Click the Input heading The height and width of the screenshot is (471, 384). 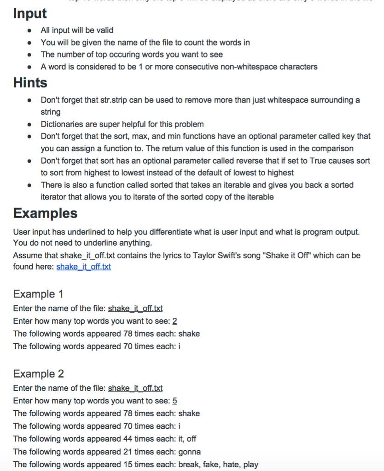pyautogui.click(x=30, y=13)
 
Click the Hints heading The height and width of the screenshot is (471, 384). pyautogui.click(x=30, y=83)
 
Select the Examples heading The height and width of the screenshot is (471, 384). pyautogui.click(x=45, y=213)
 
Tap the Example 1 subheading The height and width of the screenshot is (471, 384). pyautogui.click(x=38, y=294)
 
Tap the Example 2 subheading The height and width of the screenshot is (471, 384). pyautogui.click(x=39, y=373)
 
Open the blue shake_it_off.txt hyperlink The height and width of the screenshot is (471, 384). pyautogui.click(x=83, y=267)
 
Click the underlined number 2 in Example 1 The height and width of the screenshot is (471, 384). pyautogui.click(x=175, y=321)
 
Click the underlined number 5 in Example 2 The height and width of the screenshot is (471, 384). pyautogui.click(x=175, y=401)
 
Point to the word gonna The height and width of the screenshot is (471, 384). pyautogui.click(x=189, y=452)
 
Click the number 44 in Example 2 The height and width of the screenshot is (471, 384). pyautogui.click(x=128, y=439)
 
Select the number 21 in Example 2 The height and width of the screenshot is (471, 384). pyautogui.click(x=128, y=452)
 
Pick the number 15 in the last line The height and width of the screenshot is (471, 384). pyautogui.click(x=128, y=465)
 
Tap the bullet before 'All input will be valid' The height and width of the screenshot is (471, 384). pyautogui.click(x=30, y=31)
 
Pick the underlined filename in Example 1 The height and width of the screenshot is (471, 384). pyautogui.click(x=135, y=308)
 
